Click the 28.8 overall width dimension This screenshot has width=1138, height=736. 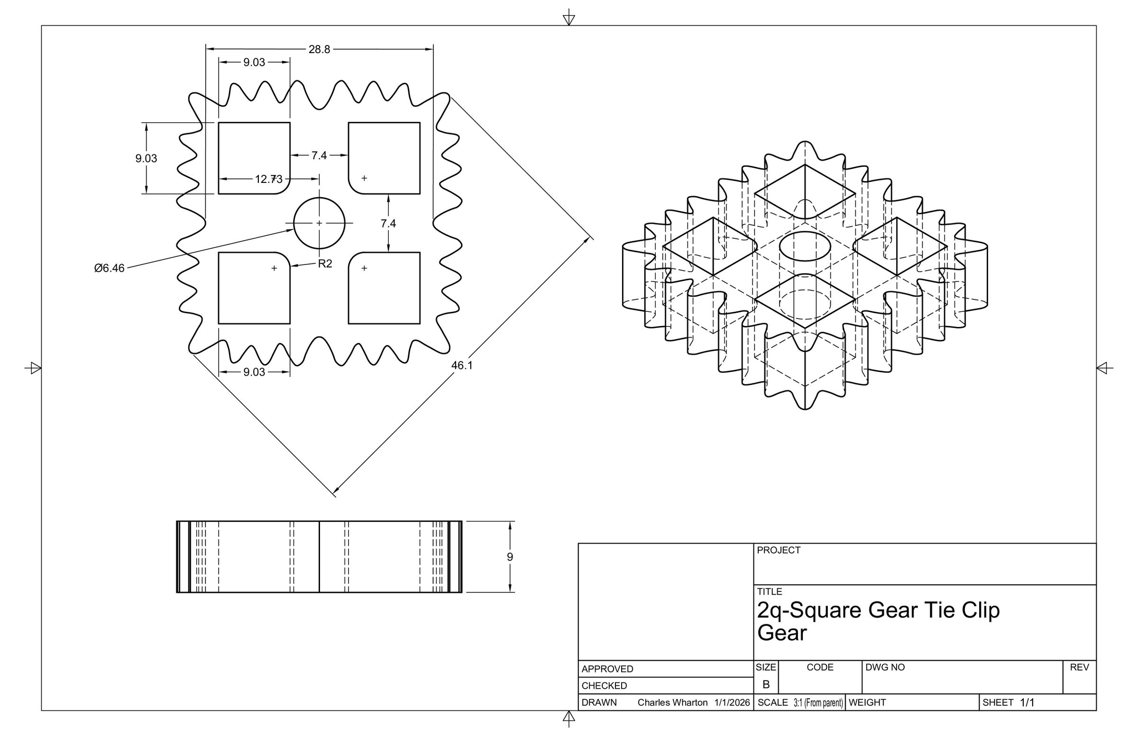pos(319,49)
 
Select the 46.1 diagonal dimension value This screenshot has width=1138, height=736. pos(462,365)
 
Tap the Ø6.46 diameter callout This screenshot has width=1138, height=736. pos(110,268)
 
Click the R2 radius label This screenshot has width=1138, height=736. pos(325,264)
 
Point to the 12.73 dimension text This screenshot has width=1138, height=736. pos(269,179)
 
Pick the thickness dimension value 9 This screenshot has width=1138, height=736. pos(510,557)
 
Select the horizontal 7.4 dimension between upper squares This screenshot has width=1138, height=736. pos(319,155)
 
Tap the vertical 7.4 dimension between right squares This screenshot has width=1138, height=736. pos(388,223)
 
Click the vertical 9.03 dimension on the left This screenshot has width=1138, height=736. pos(146,158)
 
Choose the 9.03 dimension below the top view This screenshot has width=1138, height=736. pos(254,372)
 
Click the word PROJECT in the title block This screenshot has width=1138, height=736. pos(779,550)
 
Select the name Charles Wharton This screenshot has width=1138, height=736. pos(672,702)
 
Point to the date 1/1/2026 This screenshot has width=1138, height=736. pos(732,702)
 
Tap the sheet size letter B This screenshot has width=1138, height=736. pos(766,684)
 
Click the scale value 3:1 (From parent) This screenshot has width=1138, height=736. pos(818,702)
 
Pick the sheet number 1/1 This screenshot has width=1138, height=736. pos(1027,702)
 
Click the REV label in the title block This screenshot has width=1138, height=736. pos(1079,667)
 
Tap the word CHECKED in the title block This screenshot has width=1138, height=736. pos(604,686)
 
